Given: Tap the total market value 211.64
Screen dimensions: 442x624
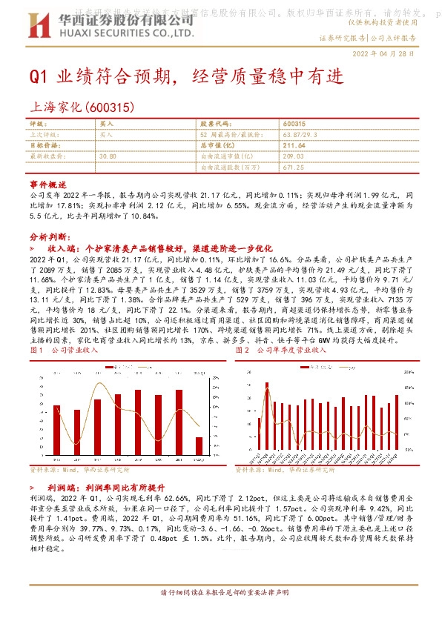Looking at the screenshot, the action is click(294, 146).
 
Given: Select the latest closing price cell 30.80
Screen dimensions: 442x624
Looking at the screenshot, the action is click(108, 156).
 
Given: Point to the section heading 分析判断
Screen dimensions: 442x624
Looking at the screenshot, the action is click(49, 235).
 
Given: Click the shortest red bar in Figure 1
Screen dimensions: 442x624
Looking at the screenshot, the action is click(198, 445).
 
